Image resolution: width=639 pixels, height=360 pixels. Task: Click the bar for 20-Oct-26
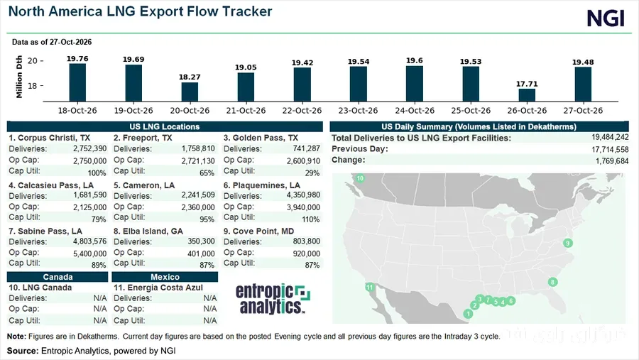click(x=190, y=92)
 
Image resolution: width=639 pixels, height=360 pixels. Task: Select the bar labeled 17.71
click(x=527, y=95)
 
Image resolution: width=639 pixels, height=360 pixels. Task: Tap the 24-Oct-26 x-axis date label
click(x=415, y=111)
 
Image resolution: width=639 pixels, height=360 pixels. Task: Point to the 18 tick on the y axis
click(x=32, y=86)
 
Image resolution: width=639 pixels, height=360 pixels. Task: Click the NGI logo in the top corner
click(x=606, y=18)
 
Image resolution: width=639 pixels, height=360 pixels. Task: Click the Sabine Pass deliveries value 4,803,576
click(x=89, y=241)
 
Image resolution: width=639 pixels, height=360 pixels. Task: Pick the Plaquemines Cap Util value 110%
click(x=310, y=219)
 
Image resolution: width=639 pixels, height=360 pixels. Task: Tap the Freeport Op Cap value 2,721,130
click(x=198, y=161)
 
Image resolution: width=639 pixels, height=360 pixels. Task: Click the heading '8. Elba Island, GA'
click(x=148, y=231)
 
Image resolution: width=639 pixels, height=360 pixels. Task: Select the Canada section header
click(x=58, y=277)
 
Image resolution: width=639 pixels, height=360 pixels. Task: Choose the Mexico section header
click(x=165, y=277)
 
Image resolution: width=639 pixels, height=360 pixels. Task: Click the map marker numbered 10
click(x=360, y=178)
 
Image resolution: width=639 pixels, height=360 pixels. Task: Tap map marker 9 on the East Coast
click(x=568, y=243)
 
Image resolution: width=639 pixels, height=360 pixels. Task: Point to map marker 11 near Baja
click(x=370, y=287)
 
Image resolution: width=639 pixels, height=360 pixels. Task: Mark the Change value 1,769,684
click(x=612, y=161)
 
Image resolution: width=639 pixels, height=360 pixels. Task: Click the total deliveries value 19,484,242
click(x=610, y=137)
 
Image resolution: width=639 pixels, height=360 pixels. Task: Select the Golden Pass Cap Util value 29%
click(x=312, y=173)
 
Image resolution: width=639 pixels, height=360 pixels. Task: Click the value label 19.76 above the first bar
click(x=77, y=59)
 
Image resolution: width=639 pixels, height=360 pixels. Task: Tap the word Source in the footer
click(x=21, y=351)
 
